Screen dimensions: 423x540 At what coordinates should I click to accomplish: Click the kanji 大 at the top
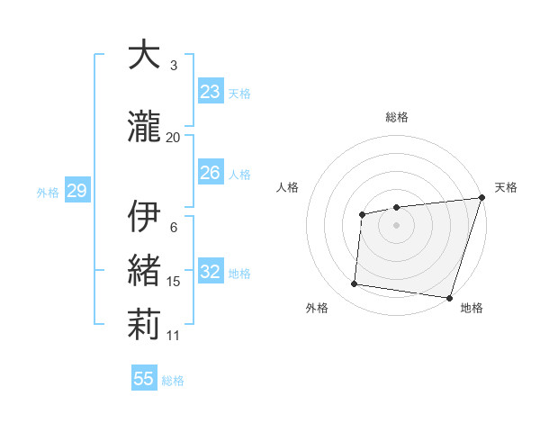click(145, 56)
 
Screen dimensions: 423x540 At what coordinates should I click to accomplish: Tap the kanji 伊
click(145, 217)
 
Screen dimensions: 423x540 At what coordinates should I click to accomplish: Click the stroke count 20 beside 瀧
click(174, 138)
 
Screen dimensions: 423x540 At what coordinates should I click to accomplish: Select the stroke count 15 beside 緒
click(174, 283)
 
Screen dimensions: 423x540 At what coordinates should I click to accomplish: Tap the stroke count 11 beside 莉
click(174, 336)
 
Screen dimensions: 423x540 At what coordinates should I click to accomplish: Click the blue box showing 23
click(211, 92)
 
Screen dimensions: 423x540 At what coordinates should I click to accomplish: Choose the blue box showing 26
click(211, 173)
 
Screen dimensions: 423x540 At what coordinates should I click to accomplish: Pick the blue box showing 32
click(211, 272)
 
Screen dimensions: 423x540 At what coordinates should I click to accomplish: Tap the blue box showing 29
click(76, 191)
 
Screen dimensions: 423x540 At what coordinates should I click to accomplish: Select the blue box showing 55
click(144, 379)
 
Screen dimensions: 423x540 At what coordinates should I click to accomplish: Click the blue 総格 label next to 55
click(174, 381)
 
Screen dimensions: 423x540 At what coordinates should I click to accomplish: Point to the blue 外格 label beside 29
click(48, 192)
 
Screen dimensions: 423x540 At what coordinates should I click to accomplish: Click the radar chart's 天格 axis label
click(506, 187)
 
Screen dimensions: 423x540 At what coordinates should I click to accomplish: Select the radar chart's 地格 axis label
click(472, 309)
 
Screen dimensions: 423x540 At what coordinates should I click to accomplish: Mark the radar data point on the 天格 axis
click(481, 198)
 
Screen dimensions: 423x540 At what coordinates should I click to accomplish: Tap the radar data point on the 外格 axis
click(355, 284)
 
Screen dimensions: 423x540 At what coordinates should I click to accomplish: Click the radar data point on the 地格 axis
click(450, 297)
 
